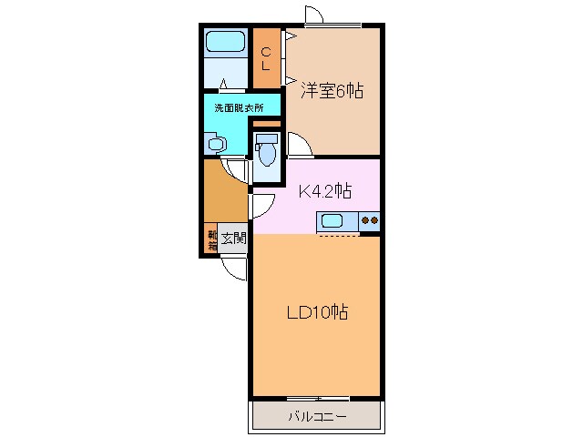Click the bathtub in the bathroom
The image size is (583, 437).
coord(226,42)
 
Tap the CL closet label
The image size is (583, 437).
coord(266,58)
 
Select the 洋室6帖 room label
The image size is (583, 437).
coord(332,90)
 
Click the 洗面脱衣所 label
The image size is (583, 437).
coord(239,108)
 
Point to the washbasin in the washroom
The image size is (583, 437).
coord(216,143)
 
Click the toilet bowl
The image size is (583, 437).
coord(267,155)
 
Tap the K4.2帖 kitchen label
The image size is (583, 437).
coord(325,191)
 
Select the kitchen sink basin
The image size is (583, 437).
coord(332,221)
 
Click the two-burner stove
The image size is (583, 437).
coord(370,220)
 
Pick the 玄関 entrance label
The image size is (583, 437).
coord(233,239)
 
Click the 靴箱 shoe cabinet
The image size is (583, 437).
coord(210,239)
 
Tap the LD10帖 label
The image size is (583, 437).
coord(318,312)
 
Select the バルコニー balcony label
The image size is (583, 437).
coord(318,416)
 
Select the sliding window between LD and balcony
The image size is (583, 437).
coord(318,399)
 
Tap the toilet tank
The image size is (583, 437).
coord(267,138)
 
